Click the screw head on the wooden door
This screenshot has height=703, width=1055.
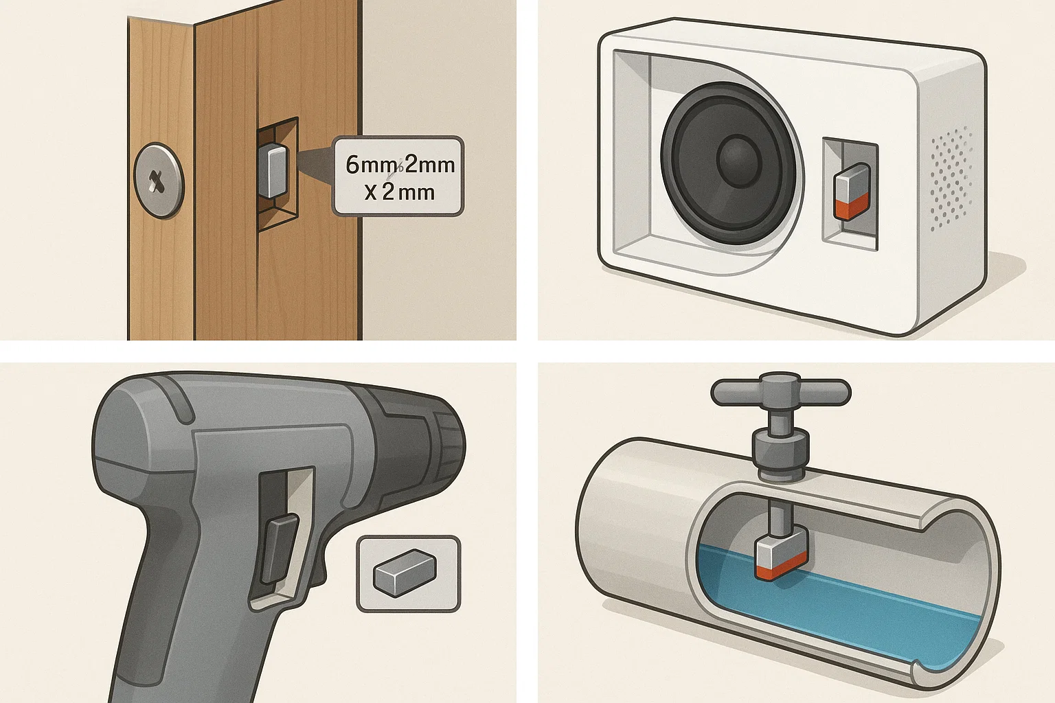(x=159, y=180)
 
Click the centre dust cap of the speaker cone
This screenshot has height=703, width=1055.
(x=740, y=160)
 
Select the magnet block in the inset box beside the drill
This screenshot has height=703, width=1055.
(x=405, y=571)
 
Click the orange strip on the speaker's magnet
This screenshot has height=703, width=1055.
(x=852, y=207)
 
